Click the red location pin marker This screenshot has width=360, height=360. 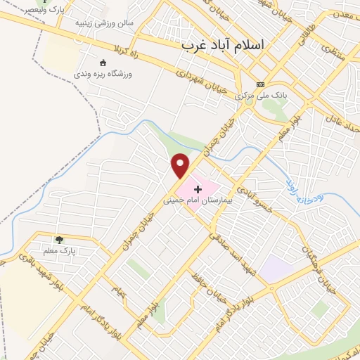click(x=181, y=165)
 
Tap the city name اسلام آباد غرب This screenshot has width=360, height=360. click(x=224, y=44)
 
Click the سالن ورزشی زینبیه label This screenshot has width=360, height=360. click(x=105, y=23)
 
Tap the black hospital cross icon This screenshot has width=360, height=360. click(x=198, y=188)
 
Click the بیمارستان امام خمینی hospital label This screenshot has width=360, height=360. click(x=198, y=200)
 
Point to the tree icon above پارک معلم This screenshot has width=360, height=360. click(x=59, y=240)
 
